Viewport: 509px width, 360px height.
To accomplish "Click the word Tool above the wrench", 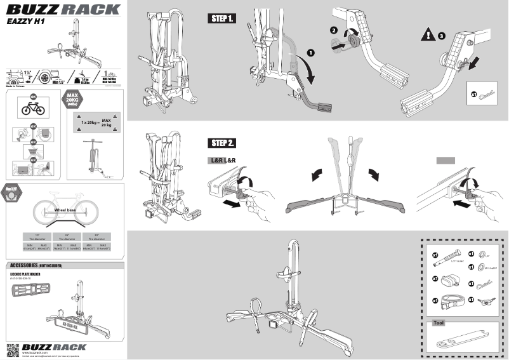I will pos(439,323).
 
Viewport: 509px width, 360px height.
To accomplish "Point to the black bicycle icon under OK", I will pos(32,109).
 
